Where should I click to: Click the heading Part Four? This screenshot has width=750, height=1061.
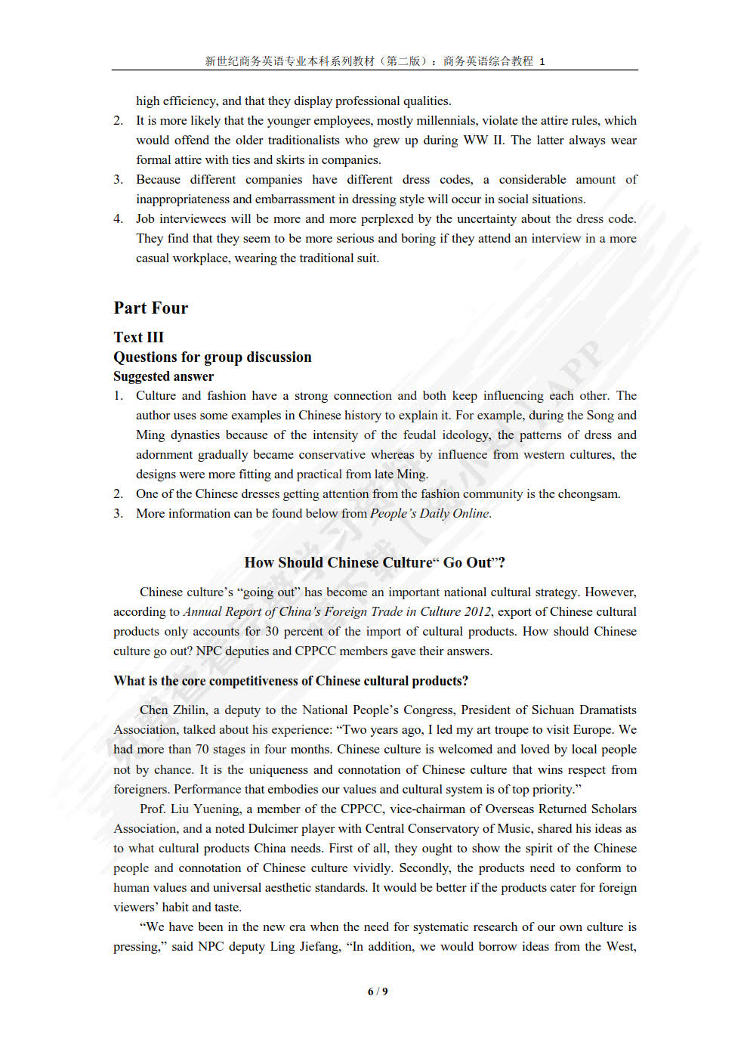click(x=150, y=308)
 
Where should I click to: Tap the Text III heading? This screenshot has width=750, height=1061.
click(x=138, y=337)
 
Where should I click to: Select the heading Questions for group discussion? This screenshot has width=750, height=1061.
click(x=212, y=357)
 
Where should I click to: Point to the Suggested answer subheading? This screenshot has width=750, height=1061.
click(x=163, y=376)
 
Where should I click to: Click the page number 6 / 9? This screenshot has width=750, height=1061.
click(x=377, y=991)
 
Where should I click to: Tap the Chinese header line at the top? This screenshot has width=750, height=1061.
click(x=375, y=61)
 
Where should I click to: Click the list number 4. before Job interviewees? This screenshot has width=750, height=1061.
click(x=119, y=218)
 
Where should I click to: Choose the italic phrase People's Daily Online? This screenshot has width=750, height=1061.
click(x=429, y=513)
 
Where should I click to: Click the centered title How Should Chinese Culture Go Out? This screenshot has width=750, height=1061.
click(x=375, y=562)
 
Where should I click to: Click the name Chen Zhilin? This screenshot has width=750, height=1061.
click(x=173, y=710)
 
